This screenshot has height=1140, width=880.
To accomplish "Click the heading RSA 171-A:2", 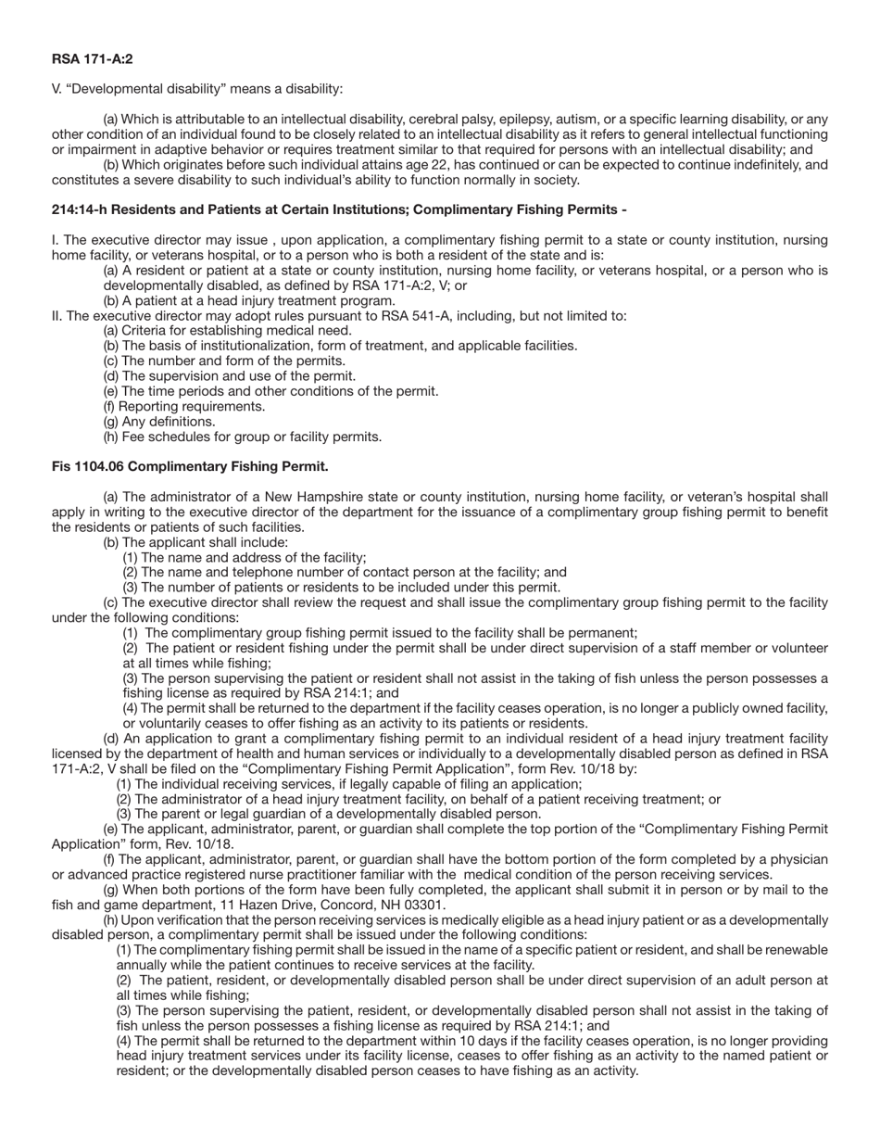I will click(x=92, y=59).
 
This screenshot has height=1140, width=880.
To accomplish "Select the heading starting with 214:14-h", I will click(x=339, y=209).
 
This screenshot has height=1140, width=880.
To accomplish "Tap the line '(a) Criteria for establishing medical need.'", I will click(x=227, y=330).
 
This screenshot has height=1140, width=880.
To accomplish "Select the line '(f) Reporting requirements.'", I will click(x=183, y=406).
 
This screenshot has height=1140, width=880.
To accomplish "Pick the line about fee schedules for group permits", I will click(x=242, y=437).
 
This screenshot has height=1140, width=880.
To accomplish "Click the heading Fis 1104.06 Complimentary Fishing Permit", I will click(x=190, y=466).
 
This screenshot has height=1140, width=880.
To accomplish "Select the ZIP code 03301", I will click(x=425, y=905).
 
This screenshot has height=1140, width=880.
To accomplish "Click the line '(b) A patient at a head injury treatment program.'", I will click(x=249, y=300).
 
